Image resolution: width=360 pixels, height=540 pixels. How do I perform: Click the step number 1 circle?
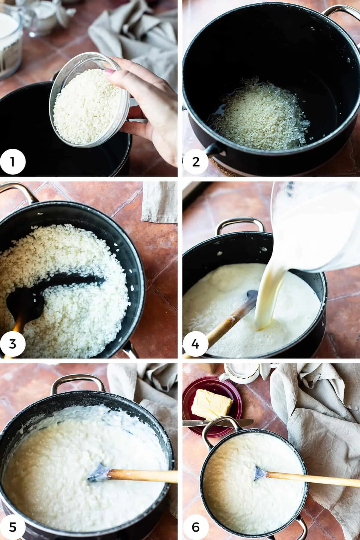(13, 162)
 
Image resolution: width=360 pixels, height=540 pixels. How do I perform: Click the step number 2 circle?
(196, 162)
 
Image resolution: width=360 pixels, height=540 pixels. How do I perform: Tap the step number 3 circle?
(13, 344)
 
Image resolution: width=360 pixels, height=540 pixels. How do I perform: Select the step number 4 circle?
(196, 344)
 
